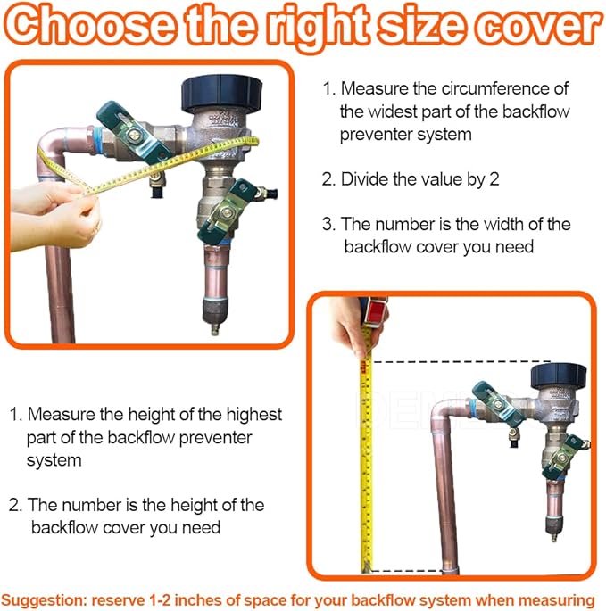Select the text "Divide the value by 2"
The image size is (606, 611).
419,179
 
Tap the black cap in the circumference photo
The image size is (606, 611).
221,94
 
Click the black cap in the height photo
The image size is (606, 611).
559,377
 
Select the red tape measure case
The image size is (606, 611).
375,311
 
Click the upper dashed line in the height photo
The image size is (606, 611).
461,361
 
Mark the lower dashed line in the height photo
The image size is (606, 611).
408,571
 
